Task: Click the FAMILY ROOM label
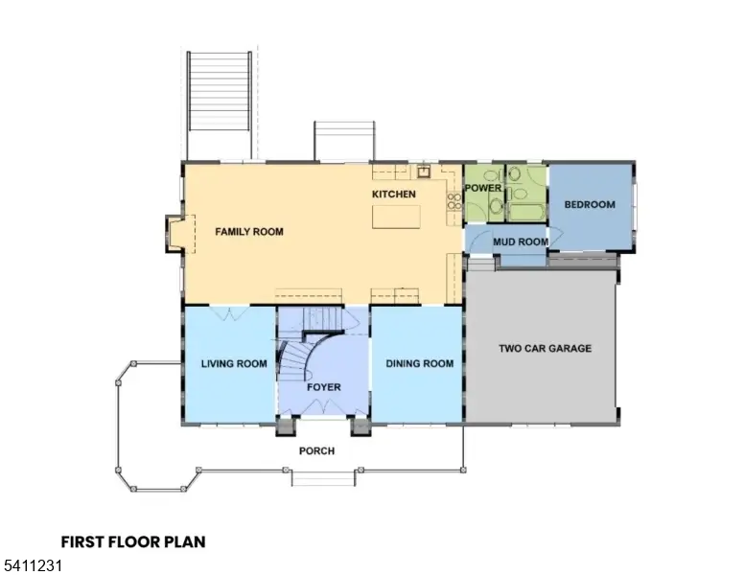248,232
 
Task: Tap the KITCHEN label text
394,195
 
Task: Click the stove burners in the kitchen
453,202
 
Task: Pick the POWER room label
483,188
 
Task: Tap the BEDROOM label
589,205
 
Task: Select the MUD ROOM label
521,241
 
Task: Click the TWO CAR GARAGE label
545,349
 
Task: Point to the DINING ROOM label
419,364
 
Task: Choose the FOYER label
323,387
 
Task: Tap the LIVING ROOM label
234,364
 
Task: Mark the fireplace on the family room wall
174,233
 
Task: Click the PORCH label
316,451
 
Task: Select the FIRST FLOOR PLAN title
133,542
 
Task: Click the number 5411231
32,566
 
